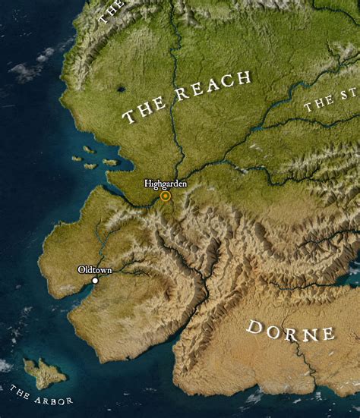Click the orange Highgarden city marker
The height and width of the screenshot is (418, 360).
tap(165, 196)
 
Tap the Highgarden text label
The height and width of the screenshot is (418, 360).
tap(166, 184)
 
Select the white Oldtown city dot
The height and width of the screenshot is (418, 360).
tap(95, 281)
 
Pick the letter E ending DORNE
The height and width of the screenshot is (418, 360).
tap(327, 334)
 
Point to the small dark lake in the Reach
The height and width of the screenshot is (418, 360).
tap(121, 90)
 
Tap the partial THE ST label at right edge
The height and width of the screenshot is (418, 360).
tap(330, 101)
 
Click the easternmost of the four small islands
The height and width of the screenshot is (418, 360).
tap(109, 162)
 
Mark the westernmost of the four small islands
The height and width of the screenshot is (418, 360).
tap(76, 159)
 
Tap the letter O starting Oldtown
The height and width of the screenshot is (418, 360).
tap(81, 269)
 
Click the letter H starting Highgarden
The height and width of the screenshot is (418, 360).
tap(147, 184)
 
